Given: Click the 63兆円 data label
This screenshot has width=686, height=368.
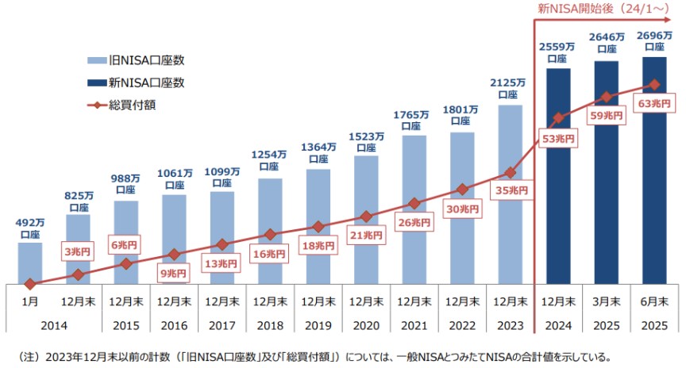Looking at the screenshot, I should click(x=654, y=104).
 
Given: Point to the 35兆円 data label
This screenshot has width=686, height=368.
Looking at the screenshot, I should click(x=510, y=190).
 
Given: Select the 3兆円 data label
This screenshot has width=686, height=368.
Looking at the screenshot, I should click(x=78, y=252).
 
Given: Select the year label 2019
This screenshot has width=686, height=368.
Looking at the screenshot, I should click(x=318, y=325).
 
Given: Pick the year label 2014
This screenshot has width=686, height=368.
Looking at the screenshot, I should click(x=53, y=325).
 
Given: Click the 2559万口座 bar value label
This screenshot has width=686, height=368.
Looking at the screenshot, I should click(x=558, y=52).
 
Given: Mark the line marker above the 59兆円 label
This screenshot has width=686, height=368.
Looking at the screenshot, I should click(x=606, y=97).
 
